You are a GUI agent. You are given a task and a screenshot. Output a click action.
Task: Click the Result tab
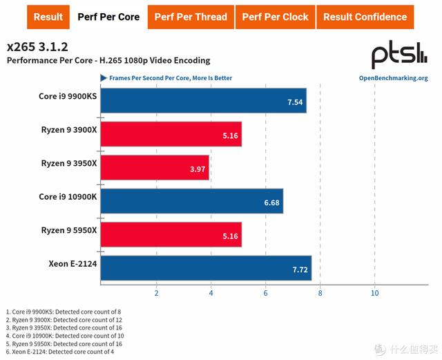pos(48,17)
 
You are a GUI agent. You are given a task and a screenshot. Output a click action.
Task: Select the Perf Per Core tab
pos(108,17)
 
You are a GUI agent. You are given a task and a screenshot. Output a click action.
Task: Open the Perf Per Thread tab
pos(191,17)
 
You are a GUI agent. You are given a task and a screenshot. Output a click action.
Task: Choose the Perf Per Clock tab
pos(275,17)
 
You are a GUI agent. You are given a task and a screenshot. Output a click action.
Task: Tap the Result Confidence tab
pos(365,17)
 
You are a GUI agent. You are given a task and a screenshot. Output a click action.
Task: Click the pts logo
pos(400,55)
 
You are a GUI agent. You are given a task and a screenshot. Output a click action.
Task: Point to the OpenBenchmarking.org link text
pos(393,78)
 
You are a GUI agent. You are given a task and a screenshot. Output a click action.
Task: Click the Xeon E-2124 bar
pos(206,268)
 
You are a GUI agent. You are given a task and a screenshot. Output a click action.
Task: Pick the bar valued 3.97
pos(155,168)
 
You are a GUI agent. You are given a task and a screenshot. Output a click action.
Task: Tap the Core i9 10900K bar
pos(192,201)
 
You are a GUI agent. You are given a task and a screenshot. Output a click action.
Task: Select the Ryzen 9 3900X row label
pos(68,129)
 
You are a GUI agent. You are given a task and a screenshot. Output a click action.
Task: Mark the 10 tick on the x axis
pos(374,293)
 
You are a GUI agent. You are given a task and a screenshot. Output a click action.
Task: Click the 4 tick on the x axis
pos(211,293)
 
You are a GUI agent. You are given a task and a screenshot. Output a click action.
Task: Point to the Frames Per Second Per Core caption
pos(170,78)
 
